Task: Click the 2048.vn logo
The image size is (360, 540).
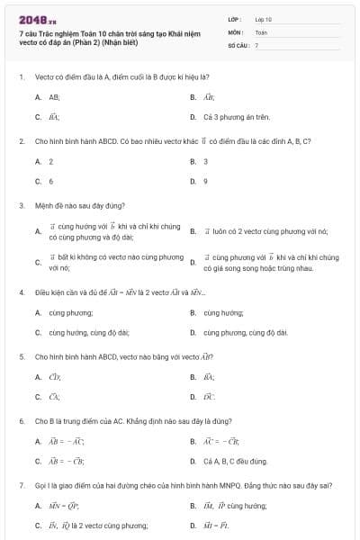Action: pos(37,18)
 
